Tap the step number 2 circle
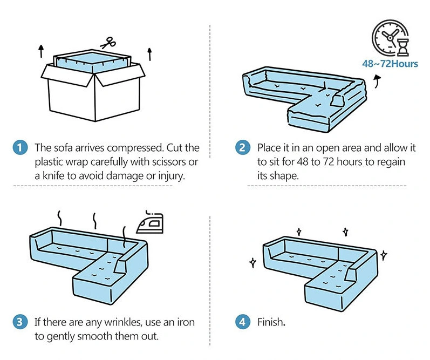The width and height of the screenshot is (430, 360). (x=242, y=147)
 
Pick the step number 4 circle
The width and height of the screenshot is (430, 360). (x=242, y=322)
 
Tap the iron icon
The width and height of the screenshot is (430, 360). (x=154, y=222)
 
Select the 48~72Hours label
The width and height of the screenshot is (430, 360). (x=390, y=64)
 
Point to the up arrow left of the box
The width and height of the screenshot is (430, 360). (x=41, y=52)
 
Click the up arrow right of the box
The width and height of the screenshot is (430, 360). (x=150, y=53)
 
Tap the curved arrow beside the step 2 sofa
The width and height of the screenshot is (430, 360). (x=376, y=81)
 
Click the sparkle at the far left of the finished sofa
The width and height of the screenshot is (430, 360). (x=252, y=263)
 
